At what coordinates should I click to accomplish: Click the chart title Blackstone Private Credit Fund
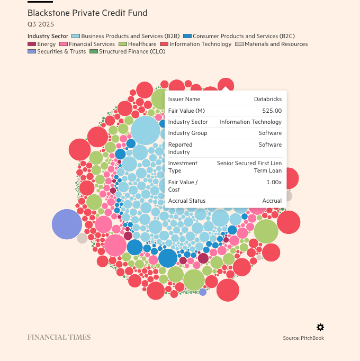[87, 13]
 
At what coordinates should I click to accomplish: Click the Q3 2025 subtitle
[41, 24]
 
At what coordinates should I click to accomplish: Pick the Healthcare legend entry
[138, 44]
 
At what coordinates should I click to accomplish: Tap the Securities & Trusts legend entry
[58, 52]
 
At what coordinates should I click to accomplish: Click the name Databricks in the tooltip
[268, 99]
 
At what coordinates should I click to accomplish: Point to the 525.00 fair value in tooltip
[272, 111]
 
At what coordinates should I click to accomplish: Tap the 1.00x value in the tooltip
[274, 182]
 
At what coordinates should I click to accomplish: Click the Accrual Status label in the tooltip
[187, 201]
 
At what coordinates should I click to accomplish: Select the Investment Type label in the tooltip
[183, 167]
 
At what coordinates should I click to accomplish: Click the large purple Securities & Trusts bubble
[67, 224]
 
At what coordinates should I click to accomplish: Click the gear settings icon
[320, 327]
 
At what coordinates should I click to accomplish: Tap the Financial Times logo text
[59, 337]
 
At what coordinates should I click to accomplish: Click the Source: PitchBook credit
[303, 338]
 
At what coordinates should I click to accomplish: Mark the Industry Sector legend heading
[48, 36]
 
